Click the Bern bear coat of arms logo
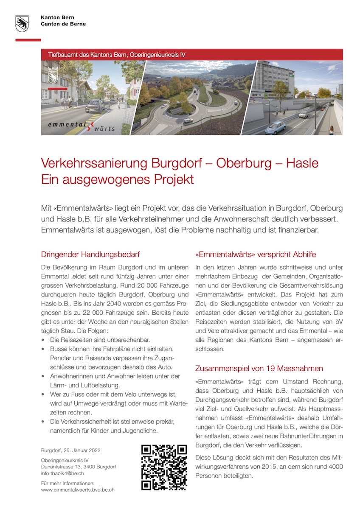22,24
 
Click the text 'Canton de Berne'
63,24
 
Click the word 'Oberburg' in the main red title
244,163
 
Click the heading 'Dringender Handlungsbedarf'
90,255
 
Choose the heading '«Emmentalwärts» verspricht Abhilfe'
255,255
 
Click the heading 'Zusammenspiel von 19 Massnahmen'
259,368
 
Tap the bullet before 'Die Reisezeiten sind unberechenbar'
43,341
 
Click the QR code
164,467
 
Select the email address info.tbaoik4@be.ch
62,473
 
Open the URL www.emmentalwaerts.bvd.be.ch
78,489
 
